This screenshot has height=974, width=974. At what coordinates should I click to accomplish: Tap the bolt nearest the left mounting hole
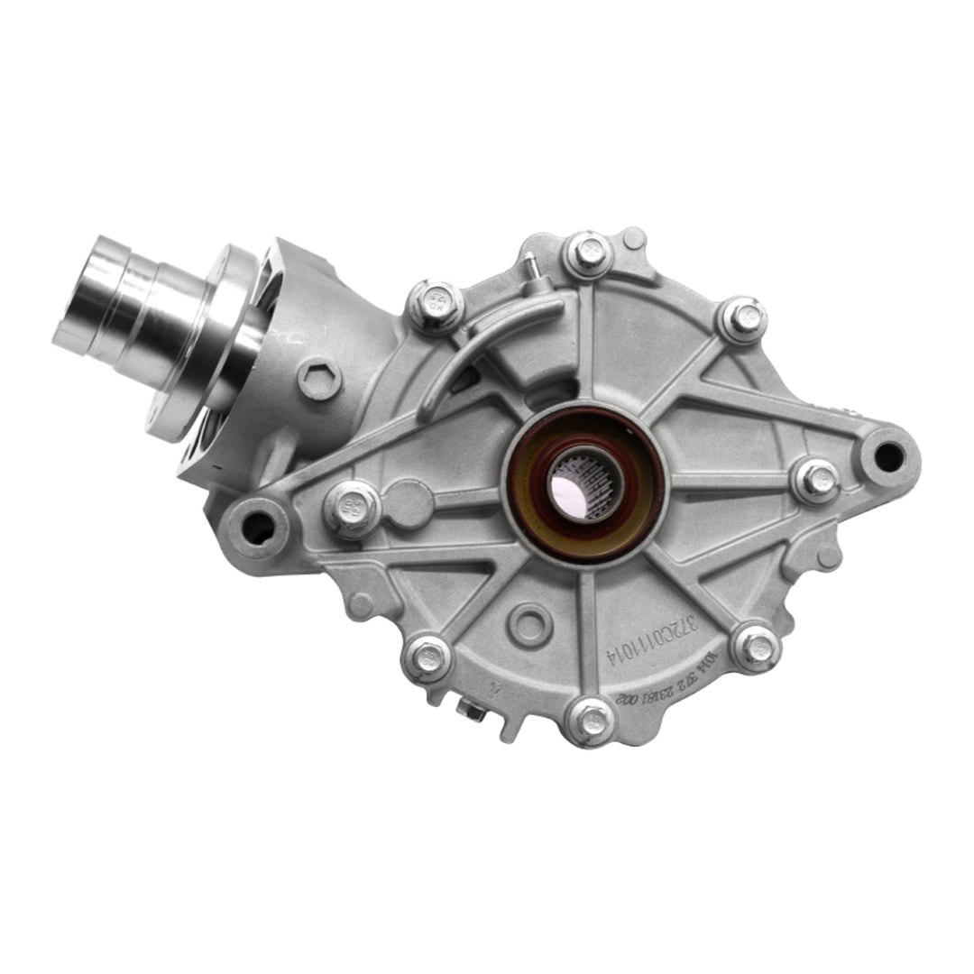point(352,507)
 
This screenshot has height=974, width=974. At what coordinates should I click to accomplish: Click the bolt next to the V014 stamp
point(756,646)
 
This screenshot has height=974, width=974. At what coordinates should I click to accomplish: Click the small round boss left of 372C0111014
point(528,621)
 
